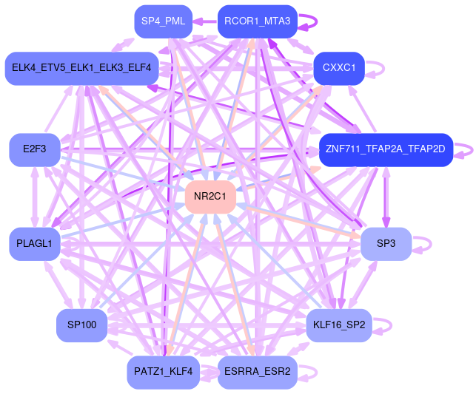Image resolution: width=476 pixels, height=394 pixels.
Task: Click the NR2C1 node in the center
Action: pyautogui.click(x=210, y=197)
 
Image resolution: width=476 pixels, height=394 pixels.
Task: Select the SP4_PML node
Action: pyautogui.click(x=163, y=21)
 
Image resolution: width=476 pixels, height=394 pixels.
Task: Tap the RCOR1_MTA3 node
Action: pyautogui.click(x=257, y=21)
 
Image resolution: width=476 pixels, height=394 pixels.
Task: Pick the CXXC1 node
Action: pyautogui.click(x=339, y=68)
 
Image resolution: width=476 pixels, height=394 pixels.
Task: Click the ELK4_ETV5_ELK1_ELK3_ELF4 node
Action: pyautogui.click(x=81, y=68)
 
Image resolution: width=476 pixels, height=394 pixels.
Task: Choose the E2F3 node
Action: pyautogui.click(x=34, y=149)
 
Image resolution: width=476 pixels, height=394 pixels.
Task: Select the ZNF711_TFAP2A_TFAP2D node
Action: pyautogui.click(x=385, y=149)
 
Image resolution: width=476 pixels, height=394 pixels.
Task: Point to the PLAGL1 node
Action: pyautogui.click(x=34, y=244)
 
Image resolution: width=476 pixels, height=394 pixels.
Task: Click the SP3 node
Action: pyautogui.click(x=386, y=244)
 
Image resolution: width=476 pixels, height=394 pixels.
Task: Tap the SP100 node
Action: pyautogui.click(x=81, y=325)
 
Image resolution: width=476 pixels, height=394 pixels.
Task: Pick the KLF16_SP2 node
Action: pyautogui.click(x=339, y=325)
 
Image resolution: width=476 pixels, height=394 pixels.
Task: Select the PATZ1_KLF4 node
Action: pyautogui.click(x=163, y=372)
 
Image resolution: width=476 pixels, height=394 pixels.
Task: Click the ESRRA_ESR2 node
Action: pyautogui.click(x=257, y=372)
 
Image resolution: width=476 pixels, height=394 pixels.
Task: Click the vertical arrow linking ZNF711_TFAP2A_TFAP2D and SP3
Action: pyautogui.click(x=385, y=197)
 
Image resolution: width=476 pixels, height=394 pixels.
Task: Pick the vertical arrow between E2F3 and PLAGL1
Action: pyautogui.click(x=34, y=197)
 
